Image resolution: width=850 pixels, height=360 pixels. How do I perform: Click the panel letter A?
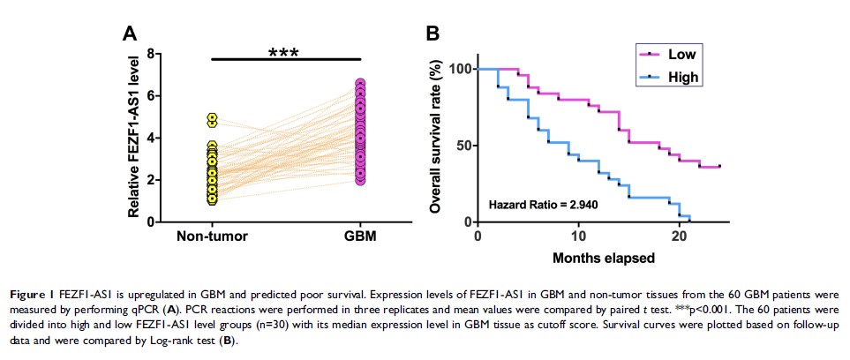[129, 34]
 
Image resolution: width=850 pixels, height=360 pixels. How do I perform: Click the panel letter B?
[433, 34]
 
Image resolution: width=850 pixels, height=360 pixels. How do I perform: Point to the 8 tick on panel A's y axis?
[151, 54]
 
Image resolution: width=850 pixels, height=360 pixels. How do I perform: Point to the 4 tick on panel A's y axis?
[151, 138]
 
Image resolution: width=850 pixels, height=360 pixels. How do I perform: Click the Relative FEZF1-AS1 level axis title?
[133, 137]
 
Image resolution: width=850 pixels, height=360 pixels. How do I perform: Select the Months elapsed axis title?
[603, 259]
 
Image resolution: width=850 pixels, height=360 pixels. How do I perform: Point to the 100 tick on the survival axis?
[460, 69]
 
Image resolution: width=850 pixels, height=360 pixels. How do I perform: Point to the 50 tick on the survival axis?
[463, 146]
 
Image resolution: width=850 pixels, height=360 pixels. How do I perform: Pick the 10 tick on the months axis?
[578, 237]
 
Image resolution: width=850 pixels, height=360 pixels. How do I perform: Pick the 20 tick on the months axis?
[680, 237]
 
